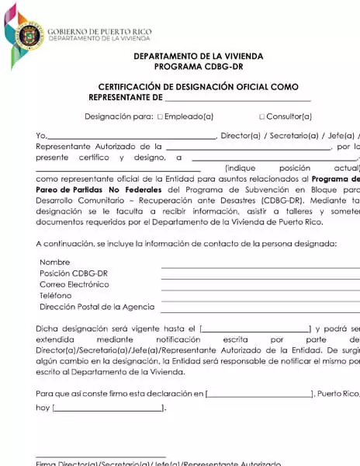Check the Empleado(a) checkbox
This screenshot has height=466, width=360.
coord(160,116)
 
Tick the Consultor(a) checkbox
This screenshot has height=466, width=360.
coord(261,116)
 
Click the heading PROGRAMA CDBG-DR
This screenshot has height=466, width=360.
coord(198,67)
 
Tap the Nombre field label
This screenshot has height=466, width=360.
coord(54,263)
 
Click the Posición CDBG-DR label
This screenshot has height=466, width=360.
coord(73,273)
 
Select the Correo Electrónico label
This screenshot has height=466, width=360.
coord(74,284)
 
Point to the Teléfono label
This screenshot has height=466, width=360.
coord(55,295)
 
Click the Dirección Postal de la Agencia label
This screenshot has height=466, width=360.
coord(96,307)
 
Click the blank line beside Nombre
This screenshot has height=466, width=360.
coord(260,265)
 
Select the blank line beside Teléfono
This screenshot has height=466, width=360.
coord(260,298)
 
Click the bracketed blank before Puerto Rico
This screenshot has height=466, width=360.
coord(260,393)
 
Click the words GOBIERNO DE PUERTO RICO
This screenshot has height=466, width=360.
coord(99,31)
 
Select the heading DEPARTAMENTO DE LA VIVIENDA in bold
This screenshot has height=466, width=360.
coord(198,57)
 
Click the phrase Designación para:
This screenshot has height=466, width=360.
coord(119,116)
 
